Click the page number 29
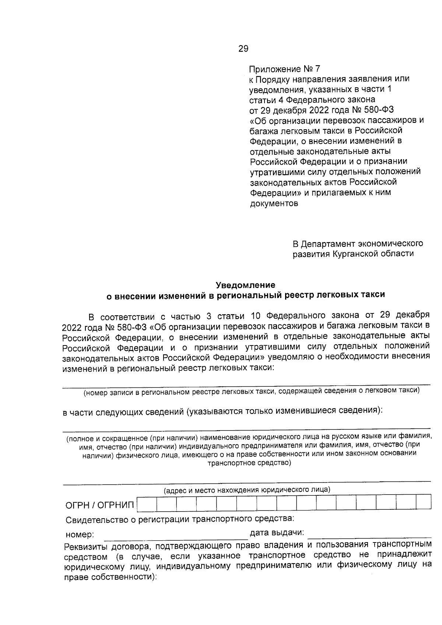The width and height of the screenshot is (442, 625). click(x=243, y=49)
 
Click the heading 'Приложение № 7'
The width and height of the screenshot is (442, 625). click(x=285, y=69)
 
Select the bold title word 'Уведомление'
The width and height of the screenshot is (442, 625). click(x=245, y=285)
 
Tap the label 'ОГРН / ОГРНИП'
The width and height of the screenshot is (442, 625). click(x=100, y=505)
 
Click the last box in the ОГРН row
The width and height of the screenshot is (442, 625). click(x=423, y=502)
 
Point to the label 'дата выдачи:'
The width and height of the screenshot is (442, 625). click(x=277, y=533)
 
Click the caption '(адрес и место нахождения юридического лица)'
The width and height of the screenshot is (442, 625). click(x=247, y=490)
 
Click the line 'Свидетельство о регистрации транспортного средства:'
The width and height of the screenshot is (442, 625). click(x=180, y=519)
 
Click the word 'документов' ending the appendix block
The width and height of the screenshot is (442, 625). click(x=274, y=203)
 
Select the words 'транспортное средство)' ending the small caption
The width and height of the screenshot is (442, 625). click(x=249, y=463)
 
